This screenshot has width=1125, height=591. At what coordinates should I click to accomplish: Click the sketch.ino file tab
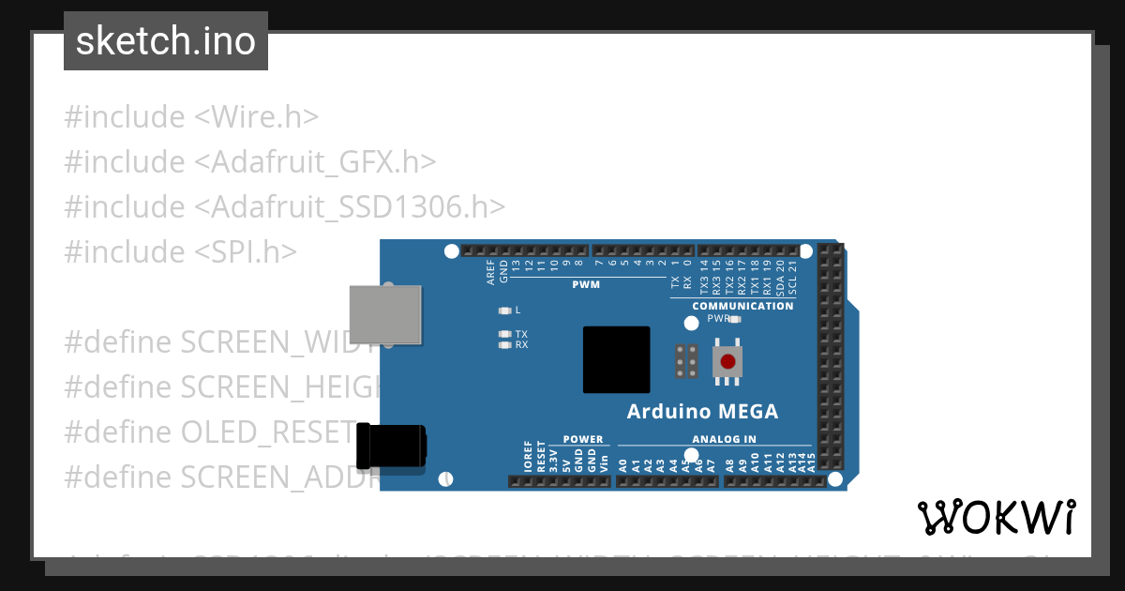[x=166, y=41]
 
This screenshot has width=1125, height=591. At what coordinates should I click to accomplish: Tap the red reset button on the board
[x=727, y=361]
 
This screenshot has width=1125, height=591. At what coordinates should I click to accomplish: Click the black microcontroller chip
[x=616, y=359]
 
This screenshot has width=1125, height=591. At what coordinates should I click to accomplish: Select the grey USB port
[x=385, y=314]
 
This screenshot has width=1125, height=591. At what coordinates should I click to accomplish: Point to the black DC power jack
[x=394, y=446]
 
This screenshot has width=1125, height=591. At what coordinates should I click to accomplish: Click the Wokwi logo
[x=997, y=517]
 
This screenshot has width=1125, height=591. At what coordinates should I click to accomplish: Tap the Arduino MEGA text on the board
[x=702, y=411]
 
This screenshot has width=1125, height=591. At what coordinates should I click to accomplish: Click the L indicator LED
[x=505, y=311]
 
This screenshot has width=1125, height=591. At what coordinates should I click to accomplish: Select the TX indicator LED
[x=505, y=334]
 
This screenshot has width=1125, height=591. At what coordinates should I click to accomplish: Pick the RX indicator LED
[x=505, y=345]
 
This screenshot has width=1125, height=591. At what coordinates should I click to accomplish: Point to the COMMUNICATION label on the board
[x=742, y=306]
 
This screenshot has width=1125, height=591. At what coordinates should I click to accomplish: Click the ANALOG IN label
[x=724, y=439]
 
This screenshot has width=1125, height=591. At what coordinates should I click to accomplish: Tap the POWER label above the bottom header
[x=583, y=439]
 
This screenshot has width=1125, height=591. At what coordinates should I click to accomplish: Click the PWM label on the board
[x=586, y=283]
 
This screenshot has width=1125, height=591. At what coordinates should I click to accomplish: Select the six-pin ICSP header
[x=685, y=361]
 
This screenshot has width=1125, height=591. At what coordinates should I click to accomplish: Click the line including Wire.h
[x=191, y=117]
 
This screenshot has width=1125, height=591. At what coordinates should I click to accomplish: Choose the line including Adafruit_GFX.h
[x=250, y=162]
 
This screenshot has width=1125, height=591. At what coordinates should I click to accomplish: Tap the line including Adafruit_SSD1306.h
[x=285, y=206]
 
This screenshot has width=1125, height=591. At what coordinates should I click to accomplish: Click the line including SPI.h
[x=180, y=251]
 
